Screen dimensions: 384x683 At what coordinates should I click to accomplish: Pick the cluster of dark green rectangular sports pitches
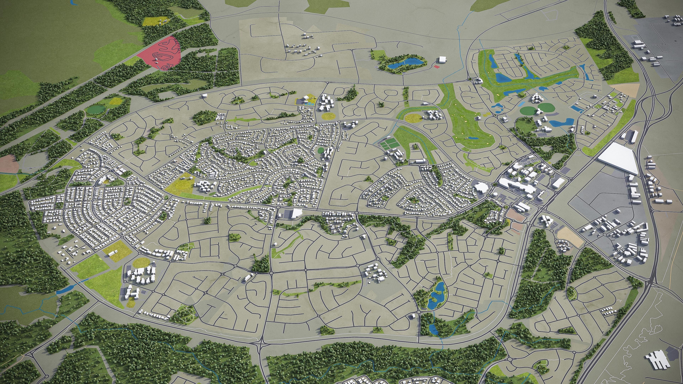coord(388,145)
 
